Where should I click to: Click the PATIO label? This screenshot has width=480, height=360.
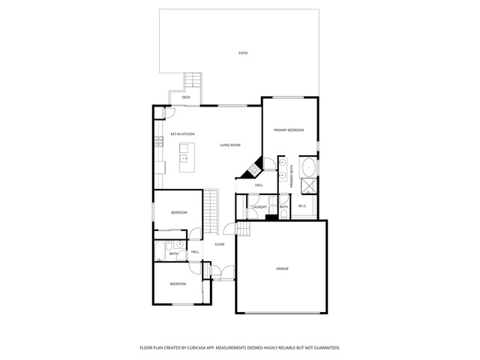pyautogui.click(x=243, y=53)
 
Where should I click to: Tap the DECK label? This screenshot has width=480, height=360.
pyautogui.click(x=186, y=97)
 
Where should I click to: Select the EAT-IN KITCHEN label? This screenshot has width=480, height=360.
pyautogui.click(x=182, y=134)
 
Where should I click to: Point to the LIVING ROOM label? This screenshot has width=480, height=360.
pyautogui.click(x=230, y=145)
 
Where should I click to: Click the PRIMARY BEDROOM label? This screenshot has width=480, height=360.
pyautogui.click(x=289, y=130)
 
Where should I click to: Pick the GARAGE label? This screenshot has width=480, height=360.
pyautogui.click(x=282, y=268)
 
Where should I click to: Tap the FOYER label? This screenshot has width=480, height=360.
pyautogui.click(x=220, y=244)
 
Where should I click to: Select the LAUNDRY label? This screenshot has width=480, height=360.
pyautogui.click(x=259, y=207)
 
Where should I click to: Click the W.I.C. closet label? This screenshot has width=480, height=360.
pyautogui.click(x=302, y=206)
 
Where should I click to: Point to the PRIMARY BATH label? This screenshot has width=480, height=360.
pyautogui.click(x=292, y=176)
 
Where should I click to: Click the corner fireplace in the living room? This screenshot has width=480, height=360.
pyautogui.click(x=253, y=169)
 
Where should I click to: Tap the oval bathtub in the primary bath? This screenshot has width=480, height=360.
pyautogui.click(x=310, y=167)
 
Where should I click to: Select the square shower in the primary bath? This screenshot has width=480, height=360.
pyautogui.click(x=309, y=187)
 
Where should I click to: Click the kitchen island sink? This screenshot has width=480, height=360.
pyautogui.click(x=184, y=158)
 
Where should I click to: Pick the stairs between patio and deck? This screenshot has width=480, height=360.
pyautogui.click(x=193, y=81)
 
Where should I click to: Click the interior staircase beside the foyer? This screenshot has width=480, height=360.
pyautogui.click(x=211, y=211)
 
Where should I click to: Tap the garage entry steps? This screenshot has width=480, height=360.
pyautogui.click(x=244, y=229)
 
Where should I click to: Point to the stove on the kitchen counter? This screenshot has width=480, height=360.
pyautogui.click(x=158, y=142)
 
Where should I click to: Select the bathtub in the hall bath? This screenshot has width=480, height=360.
pyautogui.click(x=160, y=251)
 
